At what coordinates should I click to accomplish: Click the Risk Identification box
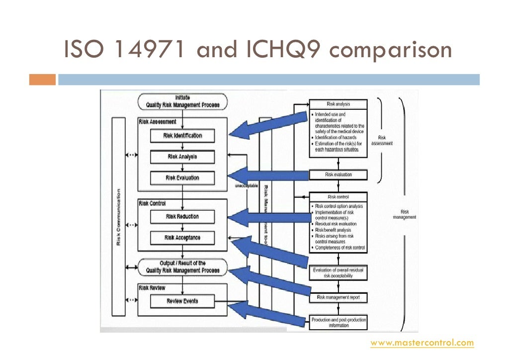(x=182, y=135)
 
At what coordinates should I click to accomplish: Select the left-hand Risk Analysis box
(x=182, y=157)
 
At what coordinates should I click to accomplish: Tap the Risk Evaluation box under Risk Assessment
(x=182, y=178)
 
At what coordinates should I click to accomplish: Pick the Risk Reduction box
(x=182, y=216)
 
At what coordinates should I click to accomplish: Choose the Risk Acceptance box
(x=182, y=238)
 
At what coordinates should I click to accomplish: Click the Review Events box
(x=182, y=301)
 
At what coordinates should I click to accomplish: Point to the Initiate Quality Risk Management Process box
(x=182, y=101)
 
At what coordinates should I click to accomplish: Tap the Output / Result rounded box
(x=182, y=267)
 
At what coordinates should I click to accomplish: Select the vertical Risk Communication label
(x=118, y=216)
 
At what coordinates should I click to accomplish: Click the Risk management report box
(x=339, y=297)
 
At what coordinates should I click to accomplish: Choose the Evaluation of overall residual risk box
(x=339, y=272)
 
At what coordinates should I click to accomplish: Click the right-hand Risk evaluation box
(x=339, y=175)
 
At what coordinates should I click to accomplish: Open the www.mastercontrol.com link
(x=423, y=343)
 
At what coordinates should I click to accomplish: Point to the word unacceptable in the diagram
(x=246, y=185)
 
